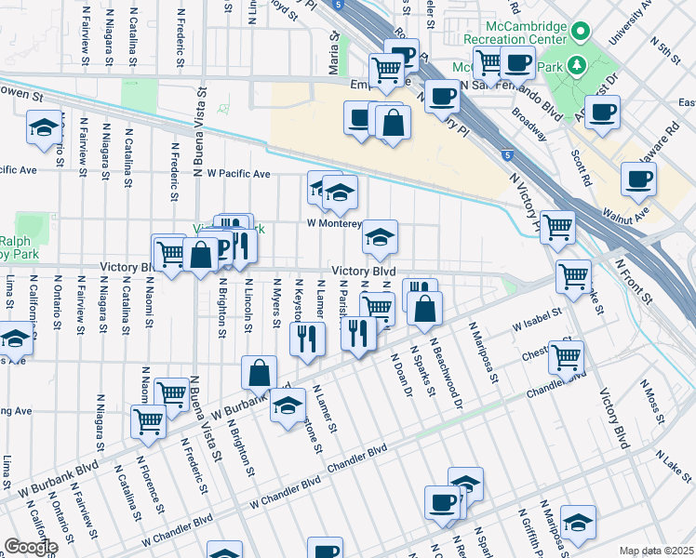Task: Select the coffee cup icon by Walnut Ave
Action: tap(638, 179)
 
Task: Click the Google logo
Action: tap(31, 546)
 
